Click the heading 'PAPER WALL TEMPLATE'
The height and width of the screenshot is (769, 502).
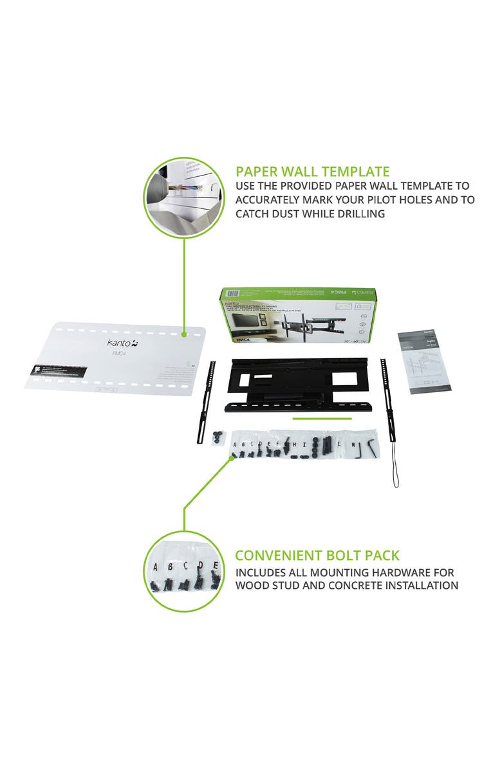312,172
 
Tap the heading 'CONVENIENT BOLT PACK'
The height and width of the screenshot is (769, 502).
317,556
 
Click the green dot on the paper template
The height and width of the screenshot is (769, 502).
185,334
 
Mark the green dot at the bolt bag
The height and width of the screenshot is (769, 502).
232,457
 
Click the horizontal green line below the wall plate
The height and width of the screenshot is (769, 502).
322,419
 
